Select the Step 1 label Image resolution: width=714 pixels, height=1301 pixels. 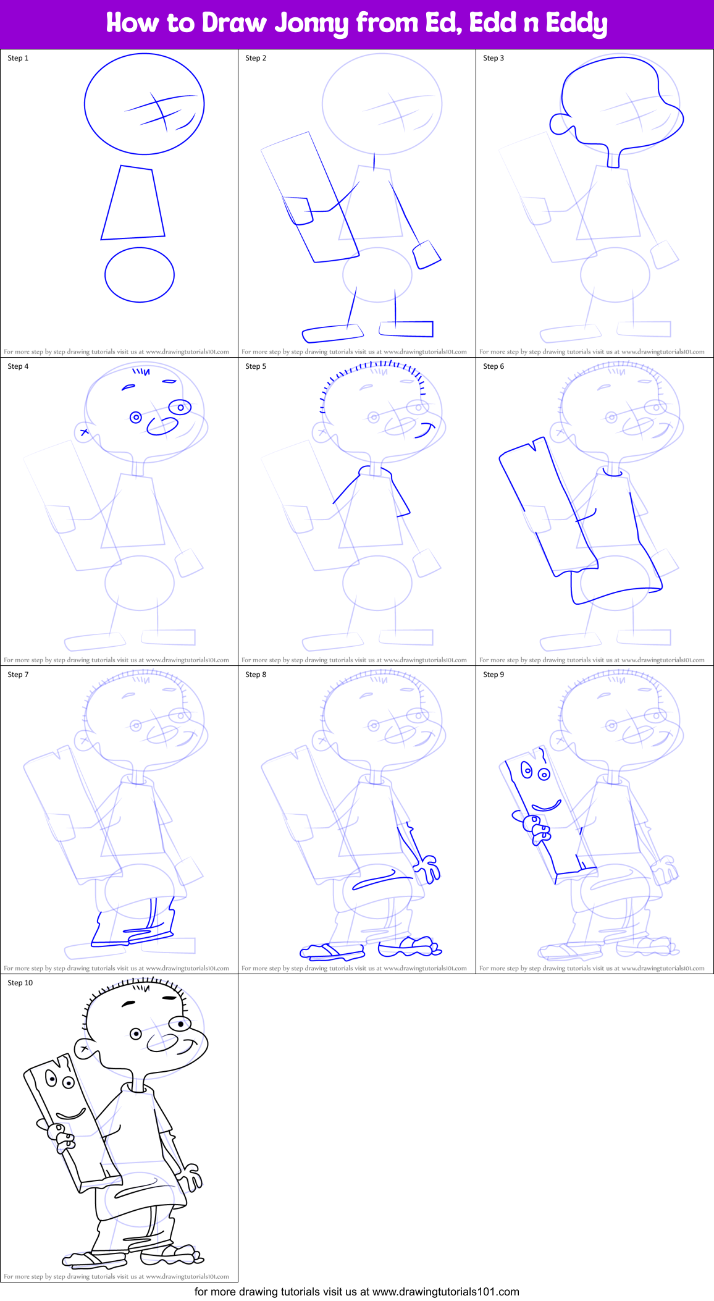18,58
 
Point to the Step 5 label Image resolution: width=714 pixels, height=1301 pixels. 256,366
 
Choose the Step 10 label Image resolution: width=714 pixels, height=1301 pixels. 20,983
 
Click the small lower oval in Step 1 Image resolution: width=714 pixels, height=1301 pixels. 140,275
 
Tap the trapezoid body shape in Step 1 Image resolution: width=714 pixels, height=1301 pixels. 133,204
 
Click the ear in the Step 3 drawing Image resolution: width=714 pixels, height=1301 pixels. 560,124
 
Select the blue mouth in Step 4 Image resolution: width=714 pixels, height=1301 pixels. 162,426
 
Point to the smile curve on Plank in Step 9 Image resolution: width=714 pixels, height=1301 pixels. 547,806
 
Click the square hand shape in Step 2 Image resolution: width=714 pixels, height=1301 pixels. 426,255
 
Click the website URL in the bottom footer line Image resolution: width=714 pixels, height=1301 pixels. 445,1292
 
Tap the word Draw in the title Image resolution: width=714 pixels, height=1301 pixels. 234,23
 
